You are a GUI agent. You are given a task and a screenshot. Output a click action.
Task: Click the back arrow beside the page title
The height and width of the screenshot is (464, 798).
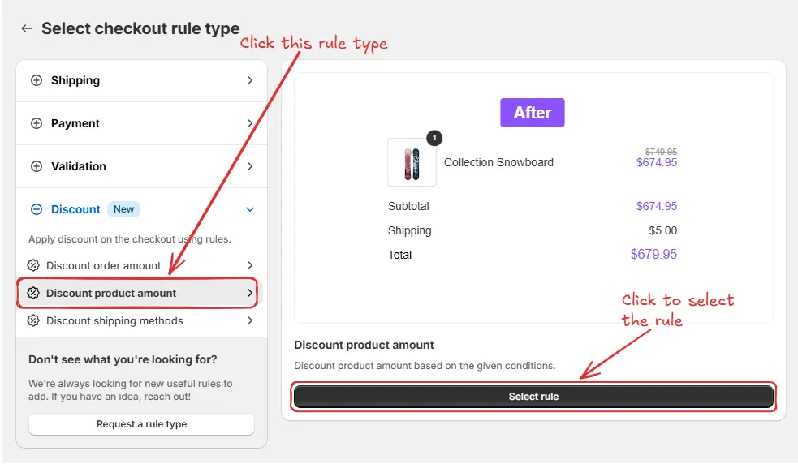point(27,28)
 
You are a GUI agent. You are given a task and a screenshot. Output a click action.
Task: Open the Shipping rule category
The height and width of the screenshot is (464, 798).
point(75,80)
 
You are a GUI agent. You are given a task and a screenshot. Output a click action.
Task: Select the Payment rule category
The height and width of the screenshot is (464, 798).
point(75,123)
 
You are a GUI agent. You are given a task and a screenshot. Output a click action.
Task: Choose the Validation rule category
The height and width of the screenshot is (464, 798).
point(79,166)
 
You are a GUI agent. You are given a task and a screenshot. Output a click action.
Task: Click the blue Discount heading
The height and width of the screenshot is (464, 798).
point(75,209)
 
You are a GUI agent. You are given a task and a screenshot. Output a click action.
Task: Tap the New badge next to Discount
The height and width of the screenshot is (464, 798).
point(123,209)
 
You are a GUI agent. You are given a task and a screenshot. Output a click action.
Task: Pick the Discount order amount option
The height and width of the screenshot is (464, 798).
point(104,265)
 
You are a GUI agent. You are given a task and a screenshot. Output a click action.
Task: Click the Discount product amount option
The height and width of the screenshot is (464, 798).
point(111,293)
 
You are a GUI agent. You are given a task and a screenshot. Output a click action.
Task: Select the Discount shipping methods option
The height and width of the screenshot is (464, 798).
point(114,320)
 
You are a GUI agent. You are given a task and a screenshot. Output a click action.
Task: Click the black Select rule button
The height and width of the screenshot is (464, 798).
point(533,397)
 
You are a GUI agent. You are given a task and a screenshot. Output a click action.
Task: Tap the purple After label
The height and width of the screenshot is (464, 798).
point(532,113)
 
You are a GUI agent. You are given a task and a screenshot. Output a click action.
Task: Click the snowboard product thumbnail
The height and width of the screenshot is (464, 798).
point(412,162)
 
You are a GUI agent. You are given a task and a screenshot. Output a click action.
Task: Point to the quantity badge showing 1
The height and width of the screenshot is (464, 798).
point(434,138)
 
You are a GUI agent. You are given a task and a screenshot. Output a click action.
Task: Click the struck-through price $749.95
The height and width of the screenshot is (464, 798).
point(661,152)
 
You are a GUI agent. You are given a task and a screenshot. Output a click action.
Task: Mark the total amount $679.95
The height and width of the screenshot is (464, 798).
point(653,255)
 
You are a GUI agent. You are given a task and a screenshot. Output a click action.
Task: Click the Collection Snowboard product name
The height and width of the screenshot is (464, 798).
point(498,162)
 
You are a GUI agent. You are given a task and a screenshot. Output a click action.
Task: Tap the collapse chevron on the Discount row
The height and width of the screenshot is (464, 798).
point(250,209)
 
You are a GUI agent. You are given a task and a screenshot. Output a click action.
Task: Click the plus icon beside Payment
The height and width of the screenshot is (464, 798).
point(36,123)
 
